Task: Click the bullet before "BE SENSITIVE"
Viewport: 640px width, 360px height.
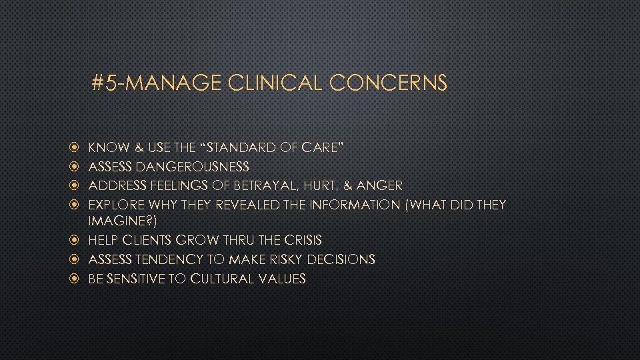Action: click(75, 279)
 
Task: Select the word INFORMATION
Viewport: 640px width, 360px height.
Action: click(348, 204)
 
